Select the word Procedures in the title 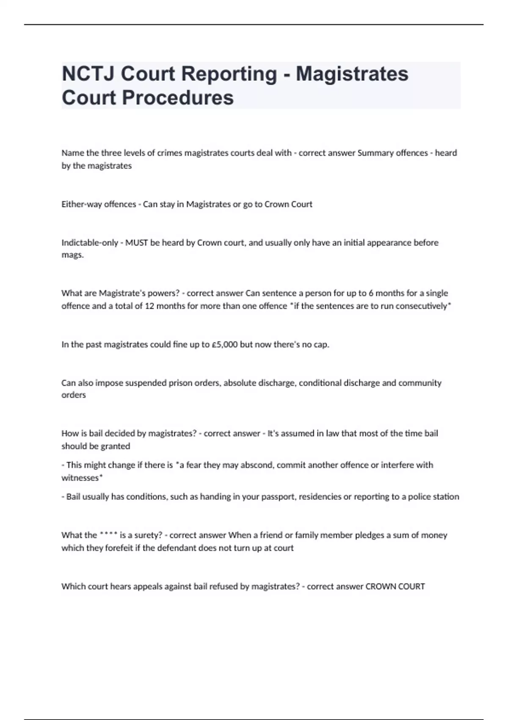[x=178, y=97]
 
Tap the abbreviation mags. [x=72, y=255]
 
